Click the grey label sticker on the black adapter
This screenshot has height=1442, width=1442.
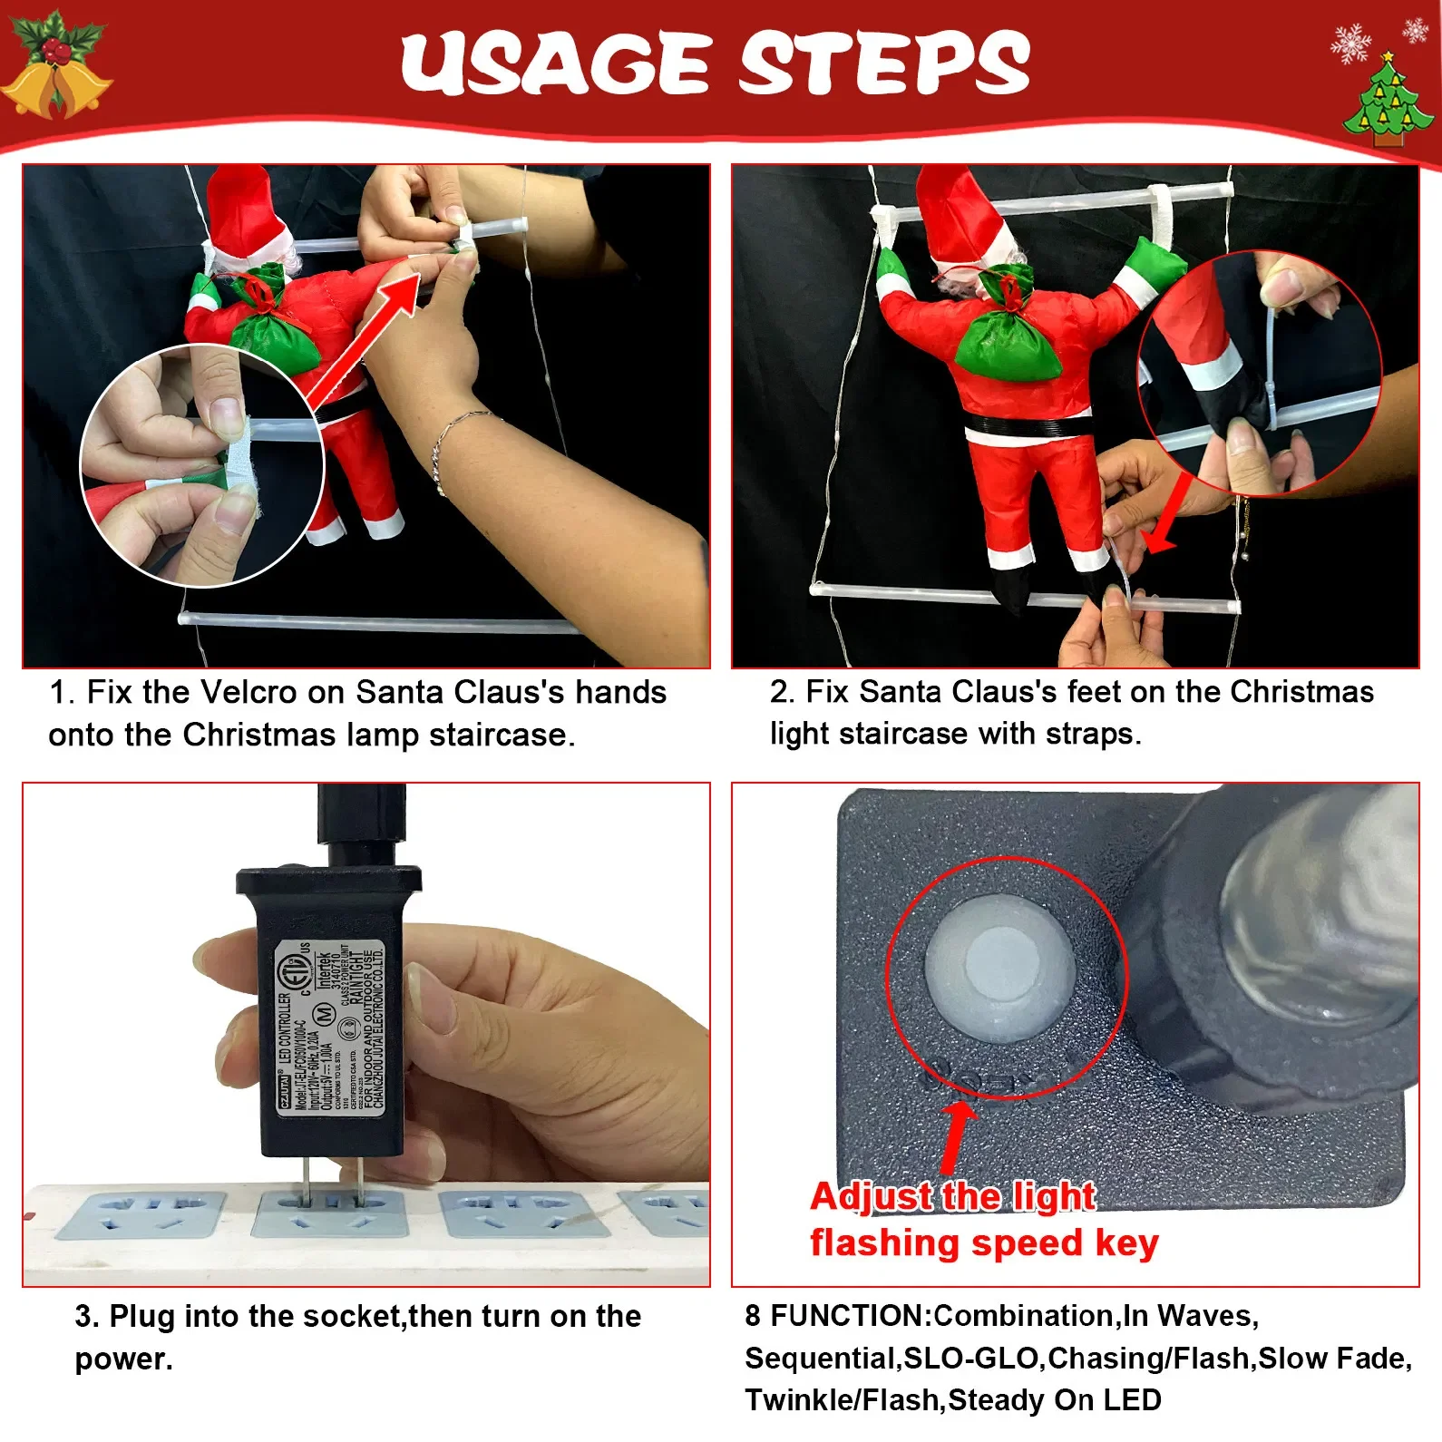[x=331, y=1029]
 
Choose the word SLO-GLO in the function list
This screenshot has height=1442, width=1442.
[x=971, y=1358]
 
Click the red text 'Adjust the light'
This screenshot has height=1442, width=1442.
[x=952, y=1197]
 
